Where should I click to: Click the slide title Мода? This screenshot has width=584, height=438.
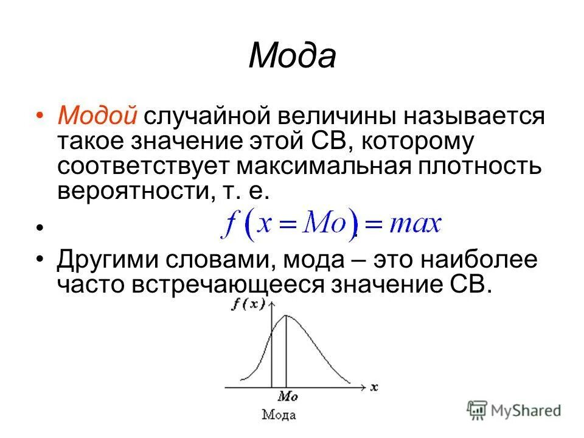[292, 57]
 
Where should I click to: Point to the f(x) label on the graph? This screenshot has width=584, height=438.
[248, 306]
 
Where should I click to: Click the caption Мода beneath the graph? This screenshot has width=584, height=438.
[279, 415]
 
